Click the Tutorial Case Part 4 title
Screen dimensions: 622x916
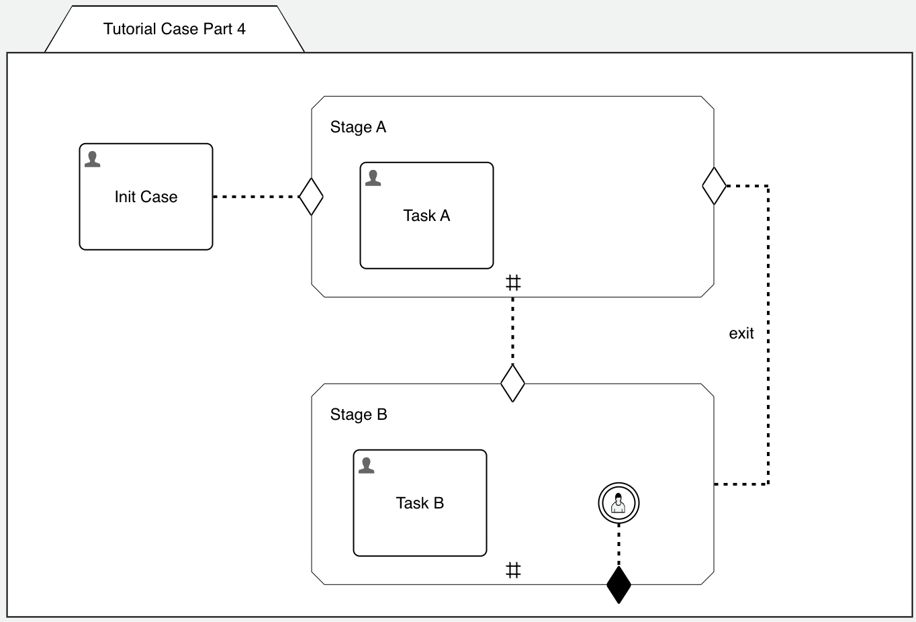pos(174,29)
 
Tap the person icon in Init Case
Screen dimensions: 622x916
pos(93,159)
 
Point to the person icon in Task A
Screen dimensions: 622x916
pos(373,178)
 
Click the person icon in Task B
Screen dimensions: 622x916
pos(367,465)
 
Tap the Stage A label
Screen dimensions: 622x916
pos(358,127)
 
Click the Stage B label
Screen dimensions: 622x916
pos(359,414)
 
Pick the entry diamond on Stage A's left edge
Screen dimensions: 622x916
pos(311,197)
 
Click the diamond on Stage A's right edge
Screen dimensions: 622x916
pos(714,186)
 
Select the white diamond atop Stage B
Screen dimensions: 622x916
pos(512,383)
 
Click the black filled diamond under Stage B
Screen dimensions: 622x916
pos(619,584)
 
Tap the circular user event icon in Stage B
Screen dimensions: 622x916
pos(619,503)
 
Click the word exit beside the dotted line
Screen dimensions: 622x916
pos(741,333)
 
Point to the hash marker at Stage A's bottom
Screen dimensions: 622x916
pos(513,283)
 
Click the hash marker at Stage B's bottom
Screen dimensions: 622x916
pos(513,570)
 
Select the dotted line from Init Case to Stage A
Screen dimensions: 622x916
pos(255,197)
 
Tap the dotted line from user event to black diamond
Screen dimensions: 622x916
pos(619,545)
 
